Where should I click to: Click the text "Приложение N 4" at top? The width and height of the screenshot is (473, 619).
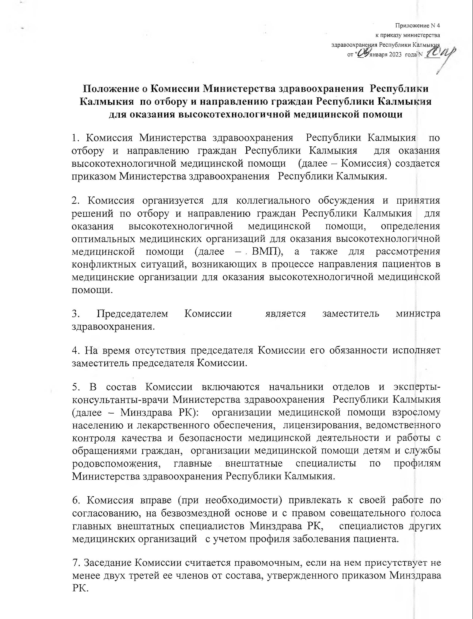pos(417,26)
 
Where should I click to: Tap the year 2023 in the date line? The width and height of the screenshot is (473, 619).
pos(395,55)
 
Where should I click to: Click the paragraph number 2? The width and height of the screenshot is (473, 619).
pos(75,201)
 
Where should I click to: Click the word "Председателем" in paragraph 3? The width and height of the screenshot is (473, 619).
pos(132,313)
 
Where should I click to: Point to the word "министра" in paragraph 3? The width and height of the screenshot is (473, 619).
pos(418,313)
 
